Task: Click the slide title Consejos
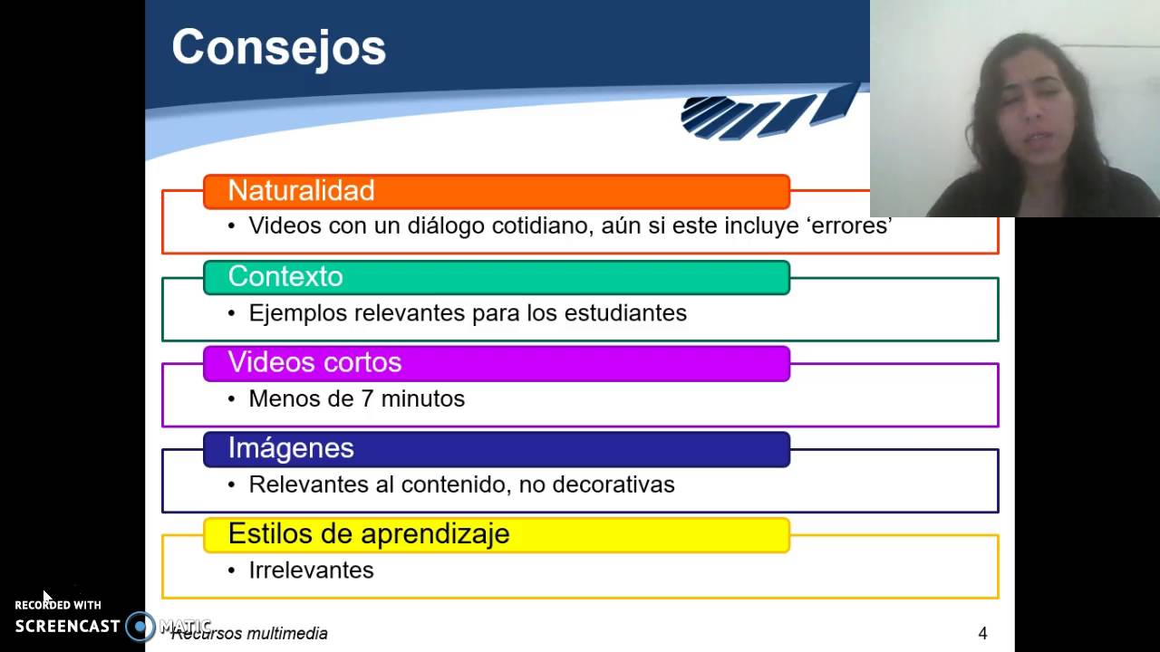click(x=278, y=47)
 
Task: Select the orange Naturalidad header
click(x=496, y=191)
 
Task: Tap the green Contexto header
click(x=496, y=277)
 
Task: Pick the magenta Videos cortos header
click(x=496, y=363)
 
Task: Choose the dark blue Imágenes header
click(x=496, y=449)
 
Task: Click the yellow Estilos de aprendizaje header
click(x=496, y=534)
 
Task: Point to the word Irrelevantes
click(x=311, y=570)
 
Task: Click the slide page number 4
click(x=982, y=634)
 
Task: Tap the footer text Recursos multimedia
click(x=250, y=634)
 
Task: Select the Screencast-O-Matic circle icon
click(x=140, y=626)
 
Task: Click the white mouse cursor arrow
click(x=47, y=597)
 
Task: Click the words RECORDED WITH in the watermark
click(x=58, y=605)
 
